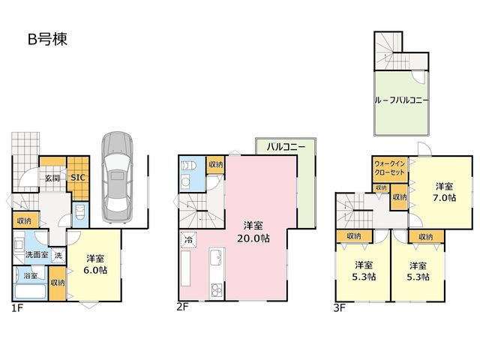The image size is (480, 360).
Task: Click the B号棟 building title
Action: (47, 39)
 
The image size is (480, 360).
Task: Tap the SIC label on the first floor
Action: (78, 177)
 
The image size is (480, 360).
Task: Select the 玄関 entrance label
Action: (52, 178)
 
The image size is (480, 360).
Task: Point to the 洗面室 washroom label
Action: (36, 254)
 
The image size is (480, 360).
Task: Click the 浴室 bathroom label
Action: (31, 275)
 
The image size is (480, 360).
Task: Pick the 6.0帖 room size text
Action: (95, 270)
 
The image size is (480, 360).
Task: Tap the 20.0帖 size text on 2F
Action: (253, 238)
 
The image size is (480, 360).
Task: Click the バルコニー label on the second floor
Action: (286, 147)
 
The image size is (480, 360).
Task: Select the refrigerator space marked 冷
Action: (188, 239)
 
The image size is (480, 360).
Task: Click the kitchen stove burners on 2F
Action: (217, 290)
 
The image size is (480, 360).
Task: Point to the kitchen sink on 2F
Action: (217, 257)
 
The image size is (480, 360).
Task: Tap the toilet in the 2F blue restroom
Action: (189, 166)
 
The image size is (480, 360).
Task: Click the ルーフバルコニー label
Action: (402, 100)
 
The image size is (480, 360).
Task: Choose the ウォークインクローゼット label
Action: (389, 168)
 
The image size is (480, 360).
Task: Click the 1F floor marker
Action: (17, 307)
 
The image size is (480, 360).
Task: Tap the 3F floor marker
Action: (340, 307)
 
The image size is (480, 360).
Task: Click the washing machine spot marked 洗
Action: (58, 255)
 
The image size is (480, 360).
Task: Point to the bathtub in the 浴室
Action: (31, 291)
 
